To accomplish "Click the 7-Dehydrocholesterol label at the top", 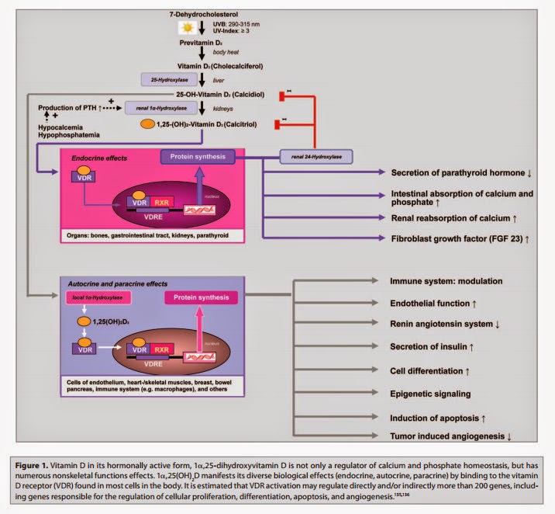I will [x=207, y=14].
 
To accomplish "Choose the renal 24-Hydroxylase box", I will [x=316, y=158].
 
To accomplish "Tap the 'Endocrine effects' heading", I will [x=94, y=158].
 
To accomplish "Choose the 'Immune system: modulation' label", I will [x=447, y=280].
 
